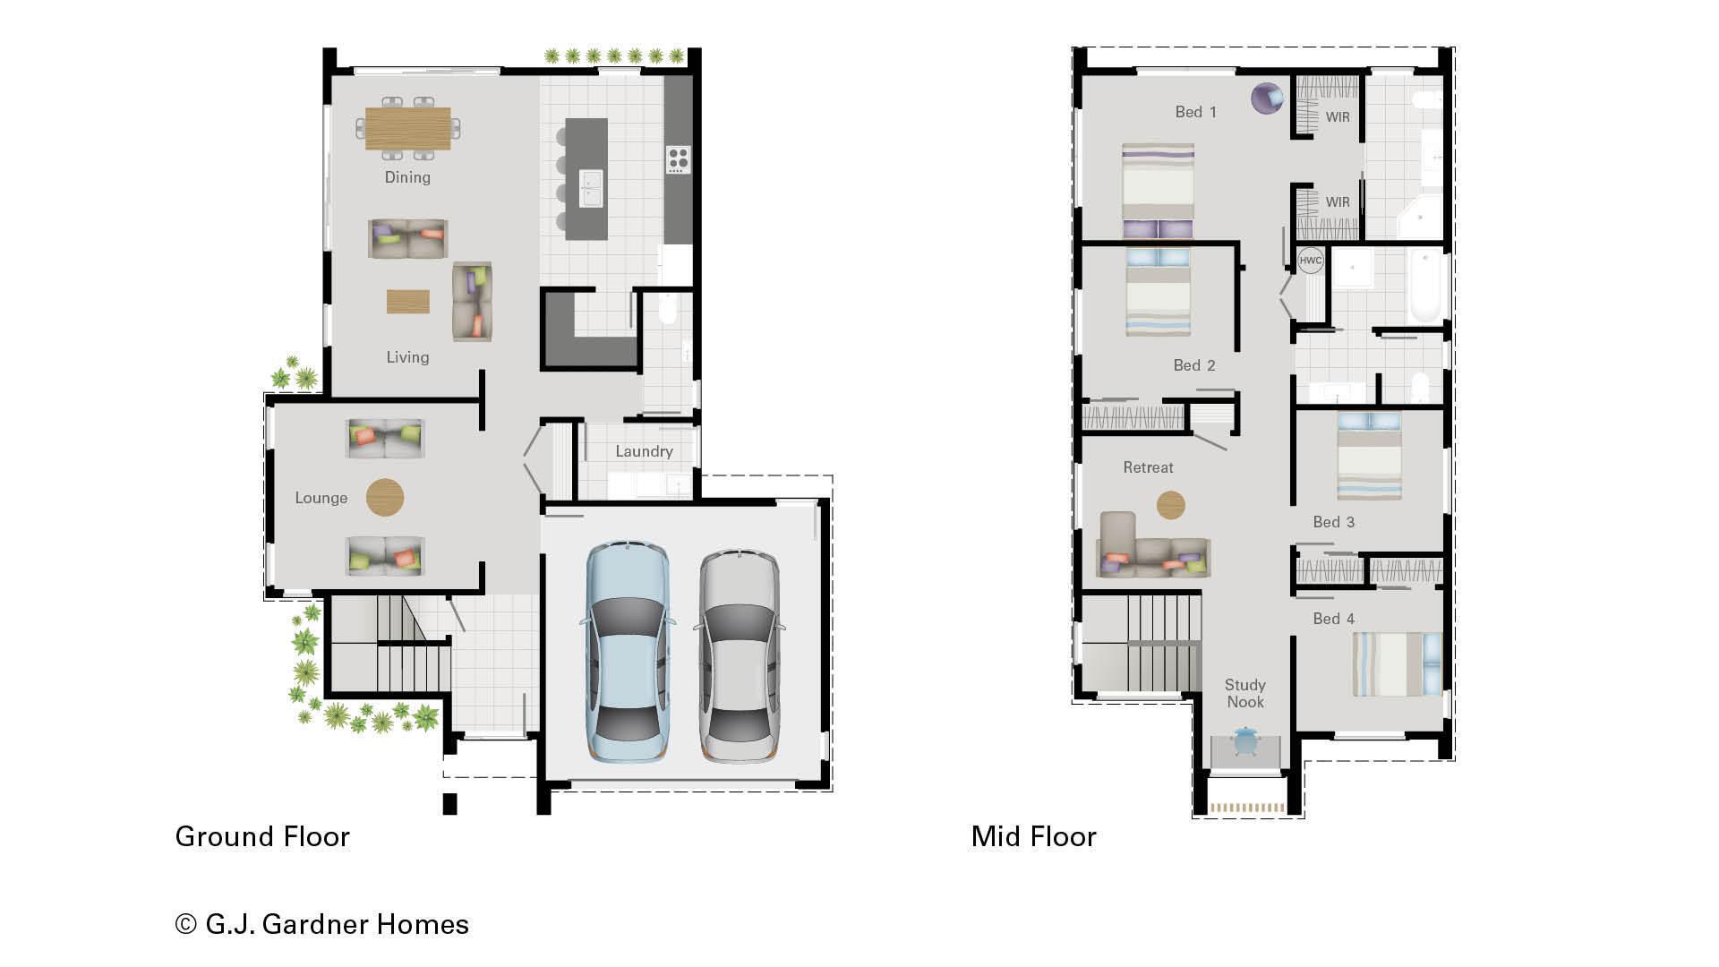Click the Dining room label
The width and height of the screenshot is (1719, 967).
tap(407, 177)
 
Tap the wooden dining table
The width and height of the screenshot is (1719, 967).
tap(408, 129)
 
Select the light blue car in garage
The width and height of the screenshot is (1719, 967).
tap(627, 652)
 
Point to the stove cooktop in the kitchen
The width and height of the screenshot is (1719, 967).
tap(678, 159)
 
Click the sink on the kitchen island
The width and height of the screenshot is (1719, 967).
tap(590, 188)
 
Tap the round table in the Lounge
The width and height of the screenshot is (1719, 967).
tap(385, 497)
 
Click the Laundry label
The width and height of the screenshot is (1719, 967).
tap(644, 451)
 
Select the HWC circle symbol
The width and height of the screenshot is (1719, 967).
tap(1310, 261)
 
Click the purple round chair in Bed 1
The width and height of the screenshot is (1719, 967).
tap(1267, 98)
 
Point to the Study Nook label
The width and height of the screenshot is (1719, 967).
tap(1244, 693)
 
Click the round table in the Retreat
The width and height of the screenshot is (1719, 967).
tap(1170, 505)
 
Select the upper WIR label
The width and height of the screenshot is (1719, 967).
tap(1338, 116)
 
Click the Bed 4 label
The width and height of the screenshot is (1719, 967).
tap(1333, 619)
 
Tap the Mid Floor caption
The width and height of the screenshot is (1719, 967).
tap(1033, 836)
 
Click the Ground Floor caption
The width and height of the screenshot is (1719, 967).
tap(262, 836)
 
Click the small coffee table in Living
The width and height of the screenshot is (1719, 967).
tap(407, 301)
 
